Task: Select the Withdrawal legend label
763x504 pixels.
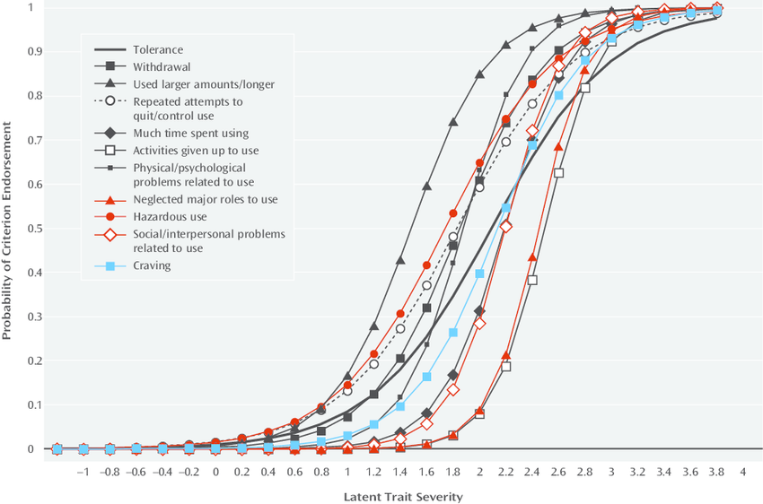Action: pos(162,66)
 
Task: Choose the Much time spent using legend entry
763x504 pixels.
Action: pos(190,133)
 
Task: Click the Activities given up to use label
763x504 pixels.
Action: pos(197,150)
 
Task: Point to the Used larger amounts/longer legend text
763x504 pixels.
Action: pos(203,84)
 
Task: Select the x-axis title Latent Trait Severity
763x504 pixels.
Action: pos(404,495)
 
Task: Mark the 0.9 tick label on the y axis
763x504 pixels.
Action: pos(33,52)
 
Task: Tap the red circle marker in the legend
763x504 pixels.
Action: pos(110,217)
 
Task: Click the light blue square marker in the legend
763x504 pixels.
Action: pos(110,265)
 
